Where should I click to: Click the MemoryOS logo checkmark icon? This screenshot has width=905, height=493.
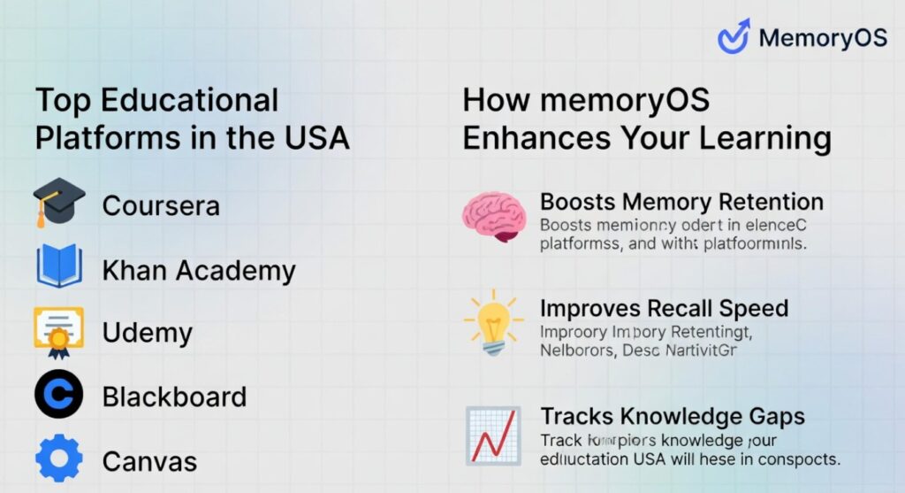point(734,37)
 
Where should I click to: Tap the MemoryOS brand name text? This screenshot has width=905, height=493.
point(823,38)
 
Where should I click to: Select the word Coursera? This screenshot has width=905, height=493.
point(161,205)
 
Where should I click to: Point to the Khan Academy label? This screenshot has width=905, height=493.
point(199,270)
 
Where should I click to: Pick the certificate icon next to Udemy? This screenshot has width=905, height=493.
point(59,331)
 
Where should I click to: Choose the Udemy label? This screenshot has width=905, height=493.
point(147,334)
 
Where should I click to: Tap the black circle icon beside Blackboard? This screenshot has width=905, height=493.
point(59,395)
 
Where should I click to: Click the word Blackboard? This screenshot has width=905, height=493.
point(174,397)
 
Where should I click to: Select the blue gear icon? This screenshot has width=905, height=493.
point(59,459)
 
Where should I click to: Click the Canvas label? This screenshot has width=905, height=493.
point(149,461)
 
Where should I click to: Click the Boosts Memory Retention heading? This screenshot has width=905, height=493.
point(681,202)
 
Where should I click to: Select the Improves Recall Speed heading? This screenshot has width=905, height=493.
point(664,309)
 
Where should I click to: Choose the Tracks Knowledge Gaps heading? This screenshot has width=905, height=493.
point(672,416)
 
